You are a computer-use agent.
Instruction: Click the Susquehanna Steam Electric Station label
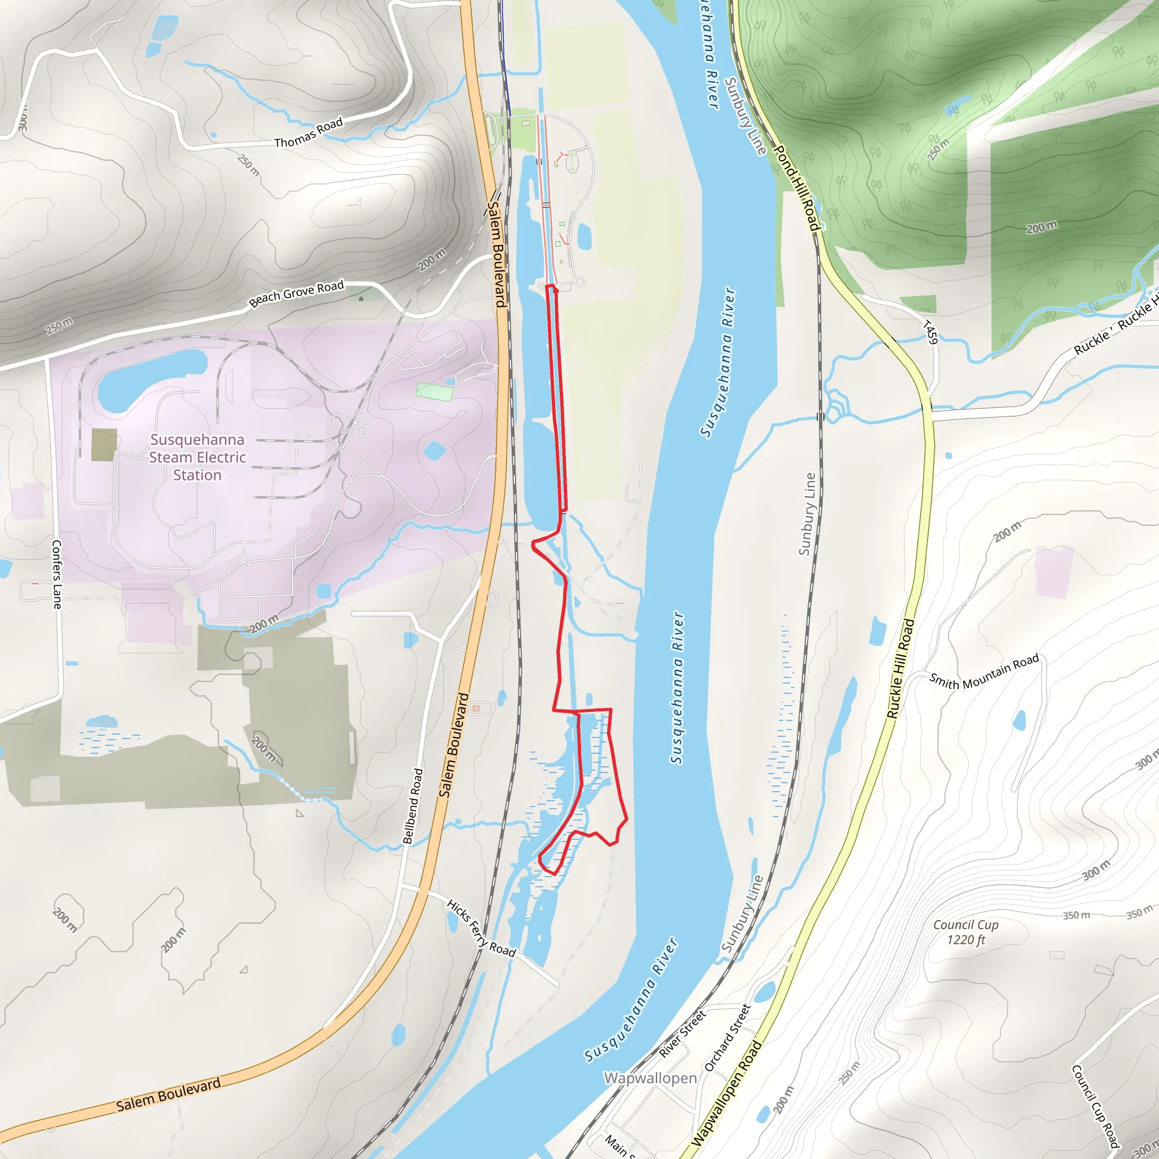(198, 457)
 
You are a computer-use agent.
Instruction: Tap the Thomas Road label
(308, 132)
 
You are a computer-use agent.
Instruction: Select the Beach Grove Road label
(297, 293)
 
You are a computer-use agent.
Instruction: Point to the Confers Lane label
(57, 574)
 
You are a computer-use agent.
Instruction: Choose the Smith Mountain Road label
(984, 672)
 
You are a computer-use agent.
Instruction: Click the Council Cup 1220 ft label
(966, 932)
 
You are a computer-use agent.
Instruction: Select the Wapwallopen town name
(650, 1078)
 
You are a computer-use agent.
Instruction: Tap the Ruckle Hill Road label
(901, 668)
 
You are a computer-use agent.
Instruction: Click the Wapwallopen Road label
(727, 1093)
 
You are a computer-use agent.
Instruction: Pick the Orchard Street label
(728, 1038)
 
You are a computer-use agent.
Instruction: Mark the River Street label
(682, 1033)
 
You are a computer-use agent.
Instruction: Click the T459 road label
(929, 332)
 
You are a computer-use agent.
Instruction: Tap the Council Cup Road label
(1096, 1106)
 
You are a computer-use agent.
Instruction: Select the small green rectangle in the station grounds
(433, 392)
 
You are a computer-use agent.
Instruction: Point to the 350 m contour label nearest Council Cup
(1076, 916)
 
